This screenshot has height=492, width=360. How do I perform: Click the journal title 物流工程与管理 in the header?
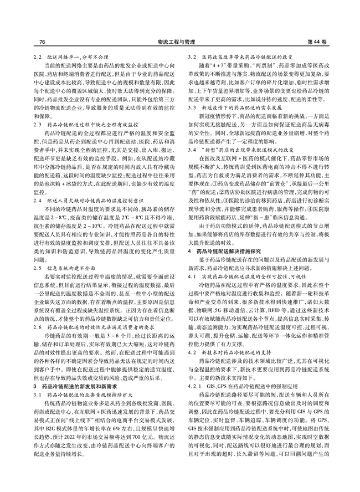[181, 42]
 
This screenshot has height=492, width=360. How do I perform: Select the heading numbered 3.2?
[238, 58]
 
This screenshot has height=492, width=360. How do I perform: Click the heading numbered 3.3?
[230, 120]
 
